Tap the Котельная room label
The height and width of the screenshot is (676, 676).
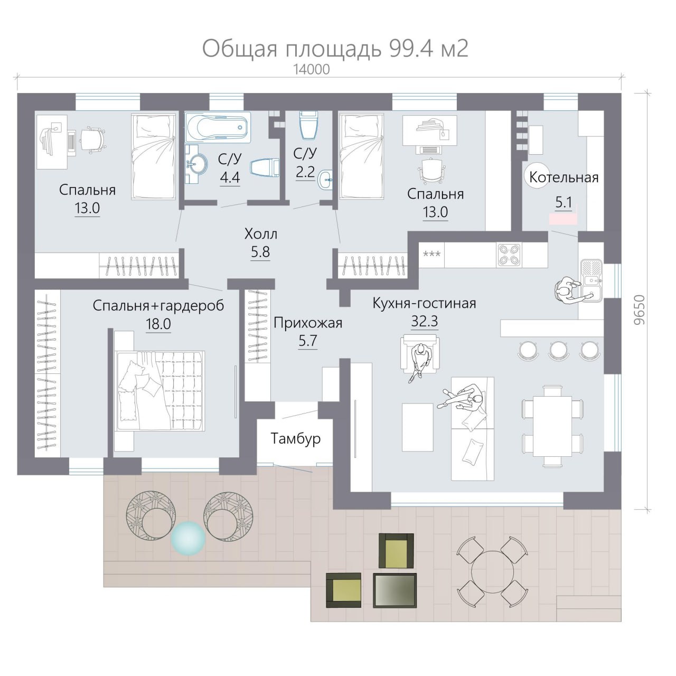(x=564, y=177)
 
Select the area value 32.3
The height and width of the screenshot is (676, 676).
(x=425, y=321)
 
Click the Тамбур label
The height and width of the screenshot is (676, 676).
(x=295, y=438)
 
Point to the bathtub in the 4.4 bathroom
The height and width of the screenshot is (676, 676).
(x=217, y=127)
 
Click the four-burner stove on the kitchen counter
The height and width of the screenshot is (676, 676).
(x=509, y=255)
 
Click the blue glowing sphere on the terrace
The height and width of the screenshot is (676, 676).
(x=188, y=539)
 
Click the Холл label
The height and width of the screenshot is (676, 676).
(x=260, y=233)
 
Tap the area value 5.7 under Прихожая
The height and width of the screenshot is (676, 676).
(x=307, y=341)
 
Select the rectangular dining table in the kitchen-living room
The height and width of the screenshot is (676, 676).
(x=552, y=426)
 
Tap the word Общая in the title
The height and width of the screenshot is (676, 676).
(x=240, y=49)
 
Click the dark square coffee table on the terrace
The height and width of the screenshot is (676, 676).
(x=395, y=590)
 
